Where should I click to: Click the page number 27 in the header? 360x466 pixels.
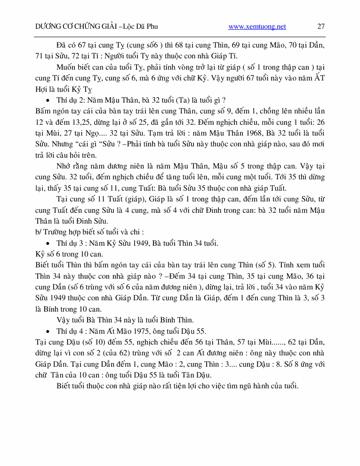pos(320,26)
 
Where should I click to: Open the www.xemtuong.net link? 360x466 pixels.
pos(257,26)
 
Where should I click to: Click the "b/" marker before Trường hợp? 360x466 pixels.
pos(39,232)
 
